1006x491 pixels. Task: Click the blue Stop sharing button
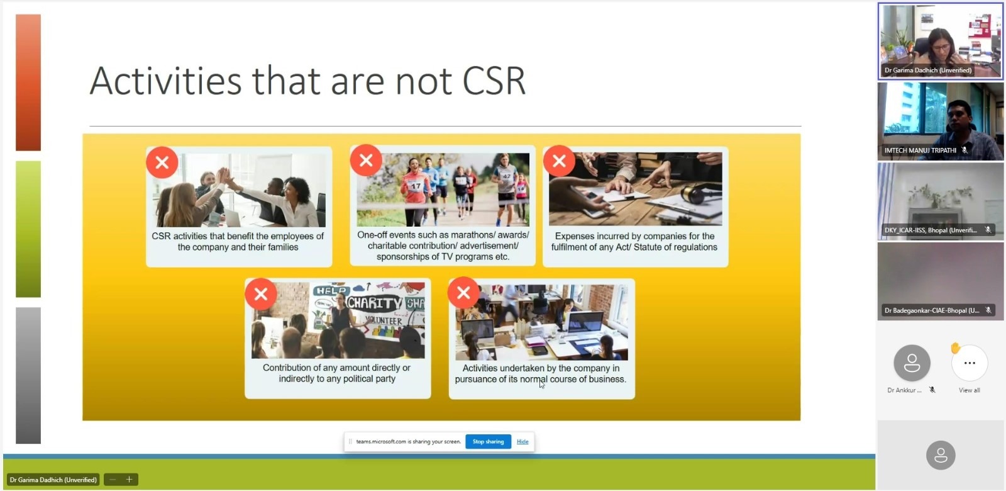(488, 441)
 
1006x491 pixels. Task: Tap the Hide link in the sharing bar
(522, 441)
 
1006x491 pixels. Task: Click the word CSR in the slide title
(494, 81)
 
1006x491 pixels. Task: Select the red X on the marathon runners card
(366, 160)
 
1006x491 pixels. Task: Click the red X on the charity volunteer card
(261, 294)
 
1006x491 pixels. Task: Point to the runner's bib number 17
(416, 186)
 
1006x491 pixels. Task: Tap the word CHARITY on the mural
(374, 303)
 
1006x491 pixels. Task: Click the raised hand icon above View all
(955, 348)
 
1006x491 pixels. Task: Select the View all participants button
(969, 363)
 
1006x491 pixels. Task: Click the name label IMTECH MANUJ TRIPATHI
(920, 150)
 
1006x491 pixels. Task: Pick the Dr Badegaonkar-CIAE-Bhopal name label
(932, 310)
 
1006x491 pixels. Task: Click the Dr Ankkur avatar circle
(912, 363)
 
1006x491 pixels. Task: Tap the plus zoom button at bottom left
(129, 479)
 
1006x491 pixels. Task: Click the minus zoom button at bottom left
(113, 479)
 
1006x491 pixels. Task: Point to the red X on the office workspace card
(463, 293)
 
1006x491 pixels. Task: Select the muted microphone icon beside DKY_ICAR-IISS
(988, 230)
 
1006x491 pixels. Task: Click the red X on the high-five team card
(162, 162)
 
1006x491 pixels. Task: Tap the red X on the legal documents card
(559, 161)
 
